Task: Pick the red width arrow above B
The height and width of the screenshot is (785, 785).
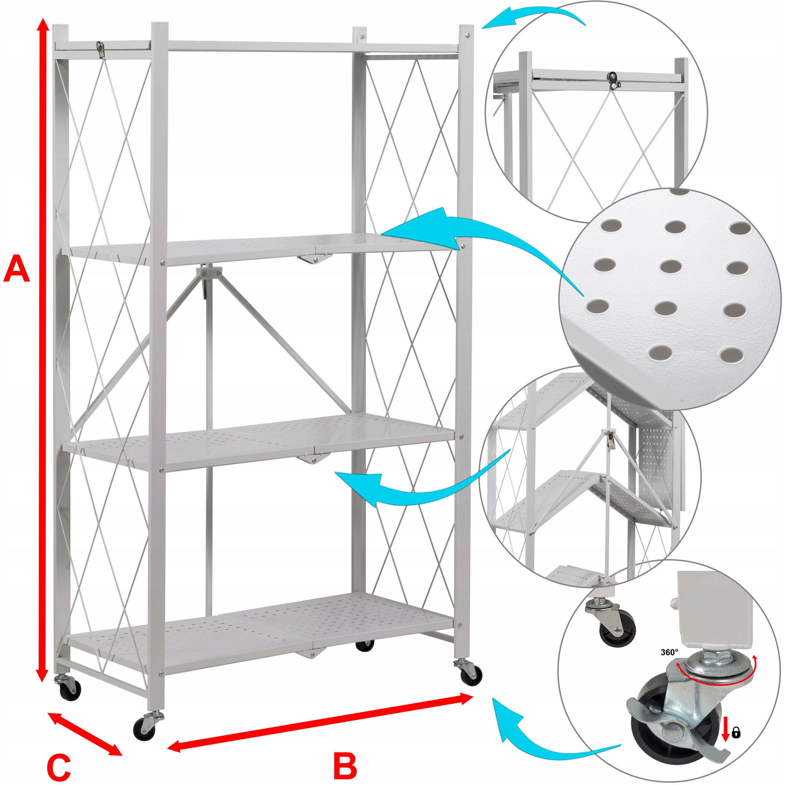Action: click(x=321, y=722)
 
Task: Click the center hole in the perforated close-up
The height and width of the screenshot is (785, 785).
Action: click(x=671, y=267)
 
